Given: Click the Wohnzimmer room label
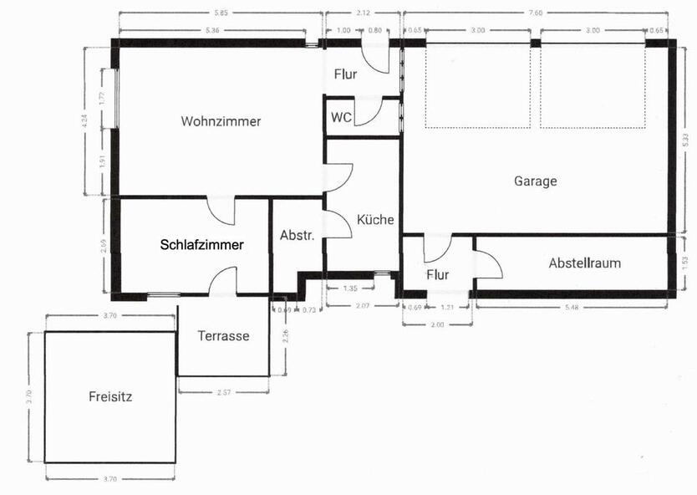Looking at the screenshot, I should coord(221,121).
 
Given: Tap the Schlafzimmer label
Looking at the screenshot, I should coord(202,245).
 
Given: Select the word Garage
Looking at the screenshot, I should coord(535,181).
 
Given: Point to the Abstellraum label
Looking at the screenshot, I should coord(584,263).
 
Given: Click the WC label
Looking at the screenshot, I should coord(341,117).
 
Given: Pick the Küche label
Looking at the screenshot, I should coord(375,220).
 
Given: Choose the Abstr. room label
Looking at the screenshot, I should coord(297,236).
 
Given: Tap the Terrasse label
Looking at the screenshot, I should coord(223,336).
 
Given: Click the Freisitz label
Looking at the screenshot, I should coord(110,397).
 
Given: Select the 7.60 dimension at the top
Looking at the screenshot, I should coord(536,13).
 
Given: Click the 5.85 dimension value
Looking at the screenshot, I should coord(221,13).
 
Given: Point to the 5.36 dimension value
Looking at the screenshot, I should coord(212,31).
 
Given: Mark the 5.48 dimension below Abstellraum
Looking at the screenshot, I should coord(572,309).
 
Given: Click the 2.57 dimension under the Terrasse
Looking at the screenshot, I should coord(223,392).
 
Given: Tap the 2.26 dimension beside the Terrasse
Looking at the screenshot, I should coord(285,337).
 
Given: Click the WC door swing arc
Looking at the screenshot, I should coord(370,114).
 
